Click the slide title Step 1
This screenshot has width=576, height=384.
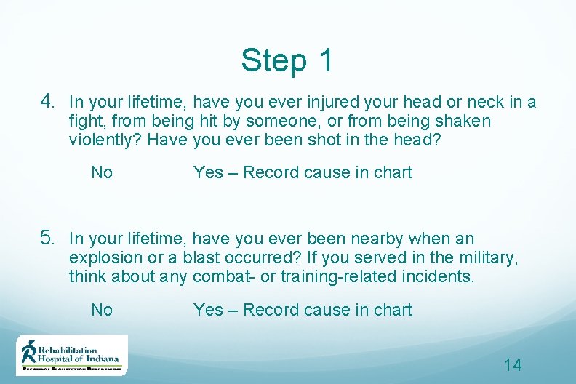(287, 60)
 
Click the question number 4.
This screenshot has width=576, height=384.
(48, 100)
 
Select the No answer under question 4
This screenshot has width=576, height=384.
(102, 173)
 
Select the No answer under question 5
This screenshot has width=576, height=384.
(102, 311)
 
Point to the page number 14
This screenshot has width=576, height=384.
(513, 365)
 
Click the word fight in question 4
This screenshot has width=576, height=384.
(87, 121)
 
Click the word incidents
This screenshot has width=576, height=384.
(438, 277)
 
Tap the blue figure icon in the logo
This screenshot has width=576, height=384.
(29, 352)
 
